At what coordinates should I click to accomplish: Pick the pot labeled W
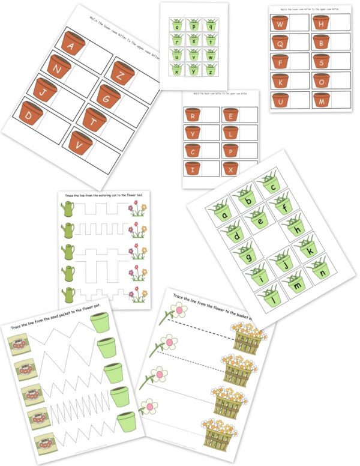279,24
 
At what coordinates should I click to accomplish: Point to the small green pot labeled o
178,26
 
